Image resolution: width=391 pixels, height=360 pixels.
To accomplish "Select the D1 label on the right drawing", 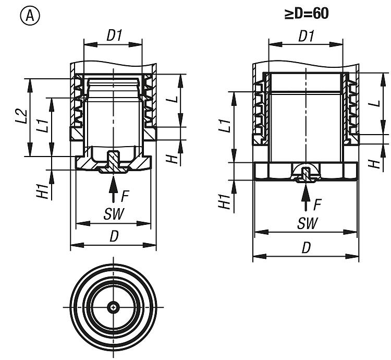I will (x=306, y=36).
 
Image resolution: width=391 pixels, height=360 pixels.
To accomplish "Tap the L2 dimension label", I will (x=20, y=117).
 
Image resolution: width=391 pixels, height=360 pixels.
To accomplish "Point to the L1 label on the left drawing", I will (x=45, y=126).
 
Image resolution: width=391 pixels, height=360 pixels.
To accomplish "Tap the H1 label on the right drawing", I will (x=225, y=201).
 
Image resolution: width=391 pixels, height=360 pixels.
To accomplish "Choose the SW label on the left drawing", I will (x=113, y=214).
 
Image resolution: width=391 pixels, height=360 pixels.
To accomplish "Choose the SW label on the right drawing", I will (x=307, y=223).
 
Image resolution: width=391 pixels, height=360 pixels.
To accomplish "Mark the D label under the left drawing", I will (x=114, y=236).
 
